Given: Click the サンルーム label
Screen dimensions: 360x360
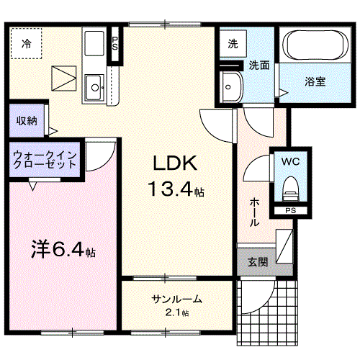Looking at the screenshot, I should click(x=176, y=299).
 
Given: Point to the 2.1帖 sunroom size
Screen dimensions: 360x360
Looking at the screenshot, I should click(x=176, y=312).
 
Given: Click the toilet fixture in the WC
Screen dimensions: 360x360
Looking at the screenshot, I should click(x=290, y=189).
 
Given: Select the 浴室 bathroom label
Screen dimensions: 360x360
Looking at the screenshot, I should click(x=315, y=81).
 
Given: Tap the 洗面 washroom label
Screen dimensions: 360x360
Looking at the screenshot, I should click(x=259, y=65).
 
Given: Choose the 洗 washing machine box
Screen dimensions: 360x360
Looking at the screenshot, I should click(x=233, y=44).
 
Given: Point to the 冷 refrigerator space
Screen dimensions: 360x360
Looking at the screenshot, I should click(x=27, y=44).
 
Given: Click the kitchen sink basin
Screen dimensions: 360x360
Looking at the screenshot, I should click(x=94, y=89).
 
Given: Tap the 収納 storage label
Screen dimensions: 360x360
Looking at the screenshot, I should click(x=27, y=120).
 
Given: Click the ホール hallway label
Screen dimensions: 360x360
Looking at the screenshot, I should click(x=254, y=212).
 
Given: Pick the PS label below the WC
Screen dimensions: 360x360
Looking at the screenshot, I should click(x=290, y=210).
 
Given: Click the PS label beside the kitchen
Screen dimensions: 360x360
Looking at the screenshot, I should click(x=114, y=43).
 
